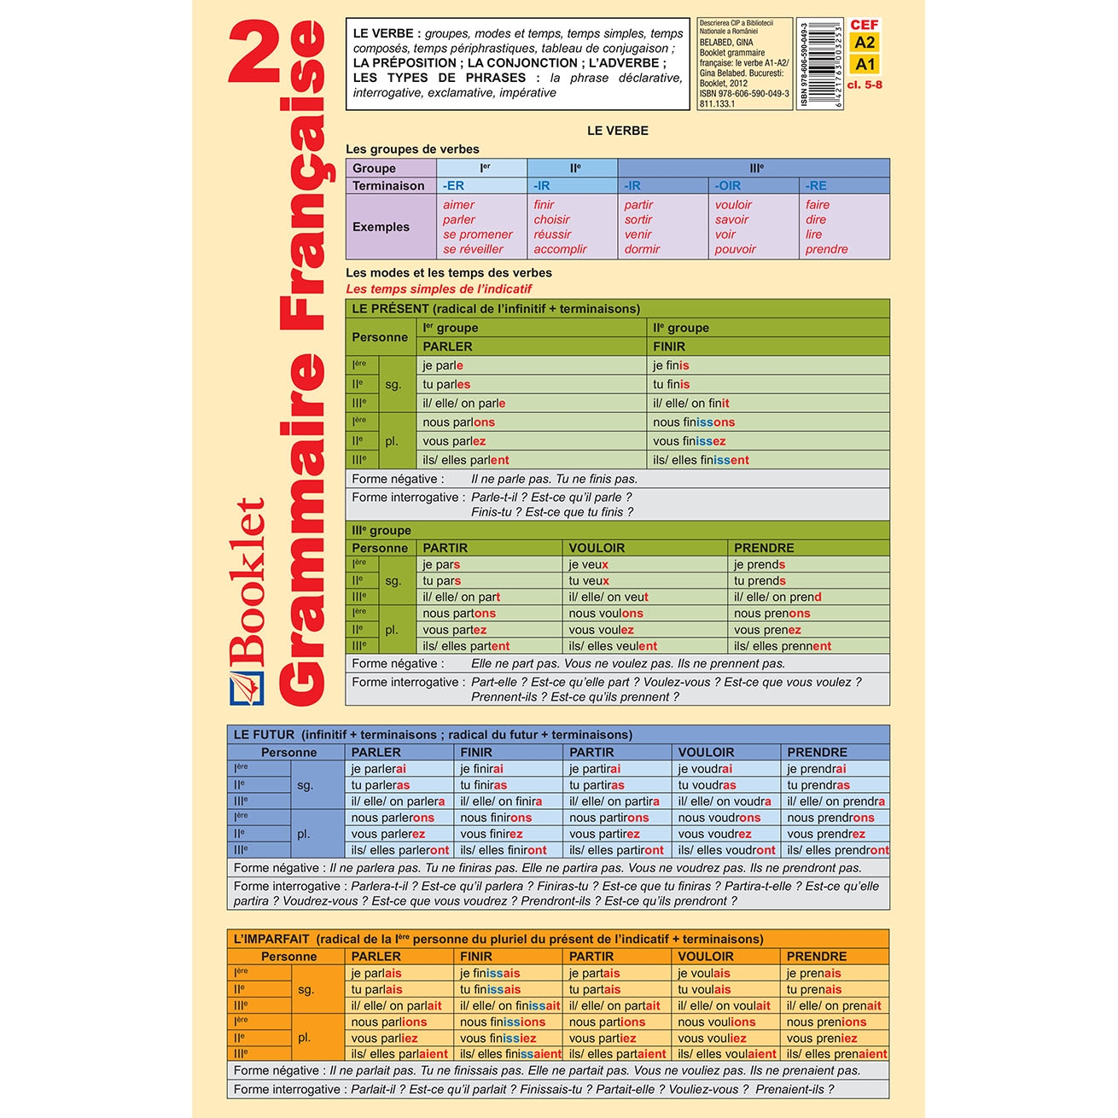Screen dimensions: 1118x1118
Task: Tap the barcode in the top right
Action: (x=820, y=64)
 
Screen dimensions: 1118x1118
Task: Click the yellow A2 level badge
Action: (x=865, y=43)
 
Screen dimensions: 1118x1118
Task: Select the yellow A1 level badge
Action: (x=865, y=64)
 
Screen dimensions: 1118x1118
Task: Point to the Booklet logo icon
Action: (x=247, y=688)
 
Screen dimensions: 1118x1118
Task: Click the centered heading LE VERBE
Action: (x=617, y=131)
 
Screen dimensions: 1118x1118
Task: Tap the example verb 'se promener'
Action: (x=478, y=235)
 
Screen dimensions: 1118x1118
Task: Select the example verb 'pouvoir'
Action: (x=736, y=249)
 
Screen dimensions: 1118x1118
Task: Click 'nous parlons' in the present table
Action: (x=458, y=422)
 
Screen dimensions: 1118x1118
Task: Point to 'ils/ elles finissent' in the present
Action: (x=701, y=460)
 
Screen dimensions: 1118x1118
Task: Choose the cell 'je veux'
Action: (x=589, y=564)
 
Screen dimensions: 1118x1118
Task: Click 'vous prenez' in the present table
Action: (x=767, y=630)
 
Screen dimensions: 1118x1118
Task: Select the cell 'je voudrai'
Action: (x=705, y=769)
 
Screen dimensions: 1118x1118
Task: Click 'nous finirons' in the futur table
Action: (x=496, y=818)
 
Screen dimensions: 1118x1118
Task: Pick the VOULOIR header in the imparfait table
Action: (x=705, y=957)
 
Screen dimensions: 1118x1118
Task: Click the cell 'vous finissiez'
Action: (x=498, y=1038)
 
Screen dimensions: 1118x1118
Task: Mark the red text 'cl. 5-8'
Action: (x=865, y=84)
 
